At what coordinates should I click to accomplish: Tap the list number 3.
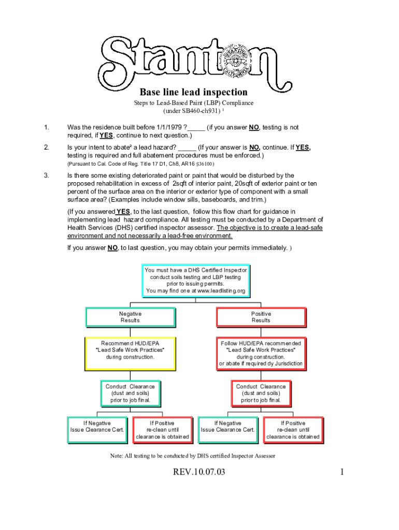click(x=46, y=175)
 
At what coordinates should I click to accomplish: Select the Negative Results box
click(x=130, y=317)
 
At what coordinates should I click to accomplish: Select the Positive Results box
click(x=261, y=317)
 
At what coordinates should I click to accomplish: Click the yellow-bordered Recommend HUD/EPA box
click(x=130, y=353)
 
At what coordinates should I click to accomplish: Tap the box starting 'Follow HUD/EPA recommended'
click(x=261, y=353)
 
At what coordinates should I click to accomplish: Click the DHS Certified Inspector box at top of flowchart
click(x=195, y=281)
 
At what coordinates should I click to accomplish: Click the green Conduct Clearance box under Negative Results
click(x=130, y=393)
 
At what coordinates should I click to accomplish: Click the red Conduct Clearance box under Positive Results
click(x=261, y=393)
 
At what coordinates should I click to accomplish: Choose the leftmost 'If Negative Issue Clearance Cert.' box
click(x=97, y=430)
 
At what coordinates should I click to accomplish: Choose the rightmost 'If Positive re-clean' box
click(x=293, y=430)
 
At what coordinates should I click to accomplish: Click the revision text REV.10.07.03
click(x=193, y=472)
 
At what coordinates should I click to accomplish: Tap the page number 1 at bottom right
click(x=343, y=472)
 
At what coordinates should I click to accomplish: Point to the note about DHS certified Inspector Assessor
click(x=192, y=456)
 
